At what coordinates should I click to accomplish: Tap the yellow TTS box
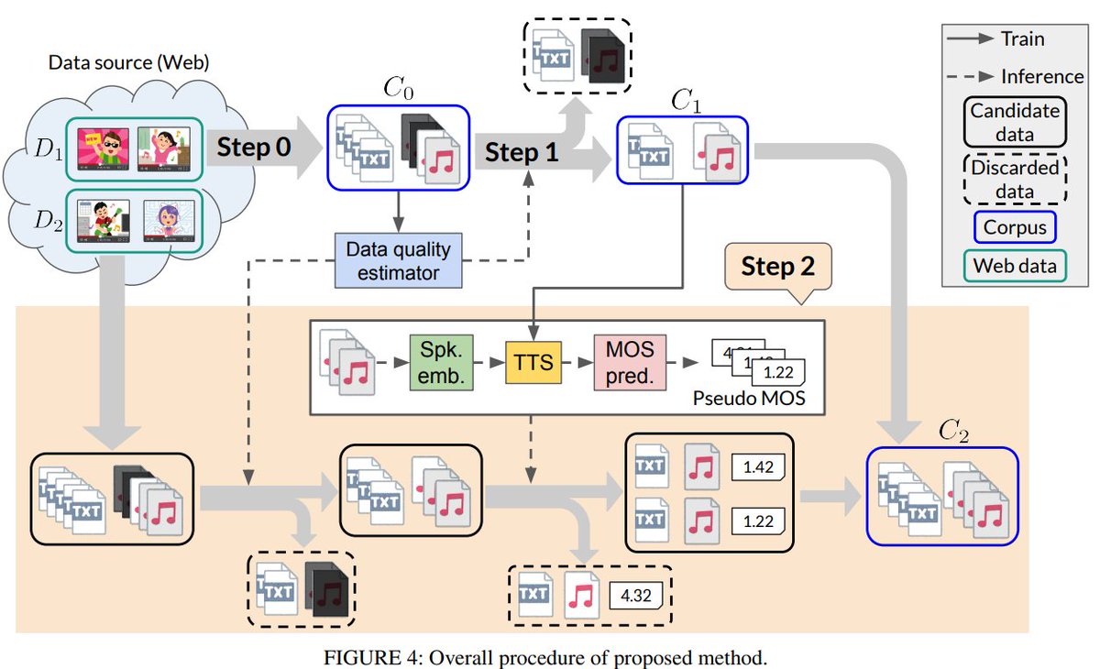pyautogui.click(x=533, y=363)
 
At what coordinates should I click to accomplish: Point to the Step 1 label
pyautogui.click(x=521, y=152)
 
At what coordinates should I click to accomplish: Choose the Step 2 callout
pyautogui.click(x=777, y=267)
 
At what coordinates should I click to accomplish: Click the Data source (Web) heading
pyautogui.click(x=128, y=62)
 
